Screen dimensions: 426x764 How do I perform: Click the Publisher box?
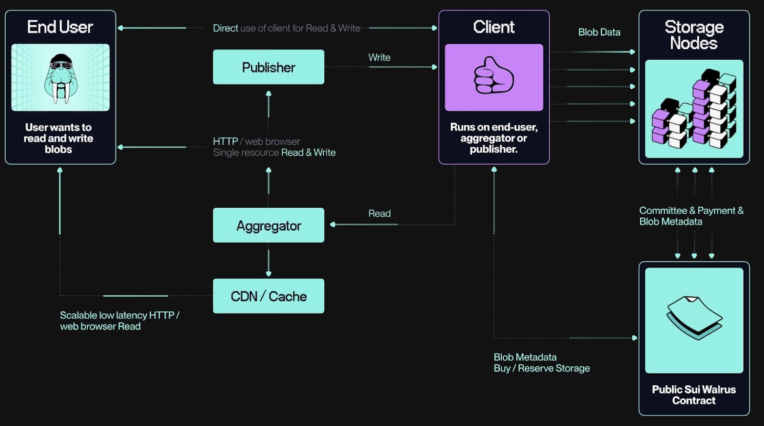pyautogui.click(x=268, y=67)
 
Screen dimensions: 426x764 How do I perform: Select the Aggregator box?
pyautogui.click(x=268, y=225)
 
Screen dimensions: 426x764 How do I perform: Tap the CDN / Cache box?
pyautogui.click(x=268, y=296)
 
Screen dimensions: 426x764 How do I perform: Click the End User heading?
pyautogui.click(x=60, y=27)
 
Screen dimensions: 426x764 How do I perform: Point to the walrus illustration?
pyautogui.click(x=60, y=78)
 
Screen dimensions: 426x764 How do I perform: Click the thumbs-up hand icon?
pyautogui.click(x=494, y=76)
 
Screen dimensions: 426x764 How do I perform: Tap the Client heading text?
pyautogui.click(x=494, y=27)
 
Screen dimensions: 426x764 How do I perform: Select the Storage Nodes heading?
pyautogui.click(x=694, y=35)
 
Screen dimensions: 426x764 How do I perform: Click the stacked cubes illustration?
pyautogui.click(x=694, y=109)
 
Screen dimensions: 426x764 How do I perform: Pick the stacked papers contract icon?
pyautogui.click(x=694, y=318)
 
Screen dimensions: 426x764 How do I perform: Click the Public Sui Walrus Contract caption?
pyautogui.click(x=694, y=395)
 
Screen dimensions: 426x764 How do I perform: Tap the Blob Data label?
pyautogui.click(x=599, y=32)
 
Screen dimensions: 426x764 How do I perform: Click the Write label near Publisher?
pyautogui.click(x=379, y=58)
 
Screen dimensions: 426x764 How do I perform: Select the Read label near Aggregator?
pyautogui.click(x=379, y=213)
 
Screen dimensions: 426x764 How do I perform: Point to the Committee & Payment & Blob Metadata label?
pyautogui.click(x=691, y=216)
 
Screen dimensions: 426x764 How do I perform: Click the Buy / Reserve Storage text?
pyautogui.click(x=541, y=368)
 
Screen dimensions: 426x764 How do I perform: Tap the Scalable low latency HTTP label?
pyautogui.click(x=119, y=320)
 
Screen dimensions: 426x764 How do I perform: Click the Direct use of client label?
pyautogui.click(x=286, y=28)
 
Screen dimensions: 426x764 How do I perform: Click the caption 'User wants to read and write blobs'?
pyautogui.click(x=58, y=138)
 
